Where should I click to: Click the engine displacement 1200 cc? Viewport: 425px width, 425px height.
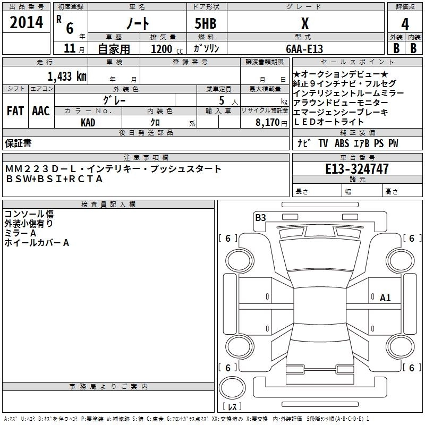[161, 49]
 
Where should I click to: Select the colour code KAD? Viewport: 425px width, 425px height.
[88, 122]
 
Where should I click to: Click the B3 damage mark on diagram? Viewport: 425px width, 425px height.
[260, 217]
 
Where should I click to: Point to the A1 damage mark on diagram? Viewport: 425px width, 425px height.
[385, 298]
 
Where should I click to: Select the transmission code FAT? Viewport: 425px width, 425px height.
[15, 111]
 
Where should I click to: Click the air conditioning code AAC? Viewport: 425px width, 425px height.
[41, 111]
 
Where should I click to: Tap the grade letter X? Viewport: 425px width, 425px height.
[304, 23]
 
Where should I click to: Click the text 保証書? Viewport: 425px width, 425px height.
[18, 143]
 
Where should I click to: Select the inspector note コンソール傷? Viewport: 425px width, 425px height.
[29, 215]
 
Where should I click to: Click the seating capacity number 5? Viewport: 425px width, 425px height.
[220, 99]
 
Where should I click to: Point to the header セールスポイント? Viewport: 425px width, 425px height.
[337, 62]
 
